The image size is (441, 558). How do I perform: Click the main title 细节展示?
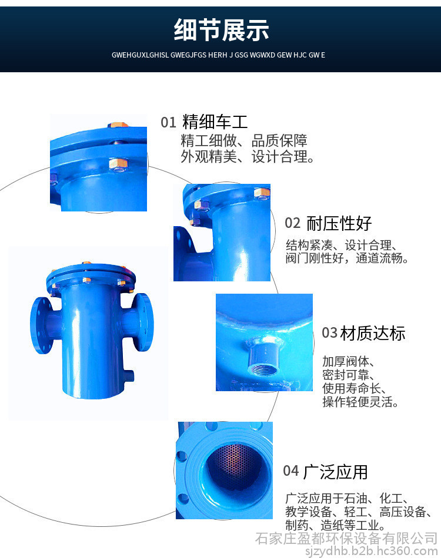(x=221, y=30)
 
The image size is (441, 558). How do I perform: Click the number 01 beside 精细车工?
(x=169, y=122)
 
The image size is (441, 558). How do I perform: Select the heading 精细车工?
(x=215, y=122)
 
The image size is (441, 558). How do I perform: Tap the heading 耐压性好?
(x=339, y=223)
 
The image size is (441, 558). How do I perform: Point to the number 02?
(x=292, y=223)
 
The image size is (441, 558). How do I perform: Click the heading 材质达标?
(x=373, y=333)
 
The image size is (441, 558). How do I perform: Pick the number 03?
(x=329, y=333)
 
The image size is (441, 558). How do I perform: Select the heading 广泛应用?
(x=336, y=472)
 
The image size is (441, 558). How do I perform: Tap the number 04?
(x=291, y=471)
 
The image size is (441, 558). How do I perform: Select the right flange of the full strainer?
(x=142, y=322)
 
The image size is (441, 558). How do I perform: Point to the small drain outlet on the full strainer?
(x=129, y=376)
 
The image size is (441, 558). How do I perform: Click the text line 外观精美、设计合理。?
(x=247, y=157)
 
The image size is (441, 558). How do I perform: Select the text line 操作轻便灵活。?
(x=360, y=402)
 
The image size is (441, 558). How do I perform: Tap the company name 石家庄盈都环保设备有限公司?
(x=346, y=539)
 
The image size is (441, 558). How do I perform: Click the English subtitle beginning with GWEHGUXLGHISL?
(x=218, y=55)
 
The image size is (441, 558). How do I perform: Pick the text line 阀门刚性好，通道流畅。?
(x=347, y=258)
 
